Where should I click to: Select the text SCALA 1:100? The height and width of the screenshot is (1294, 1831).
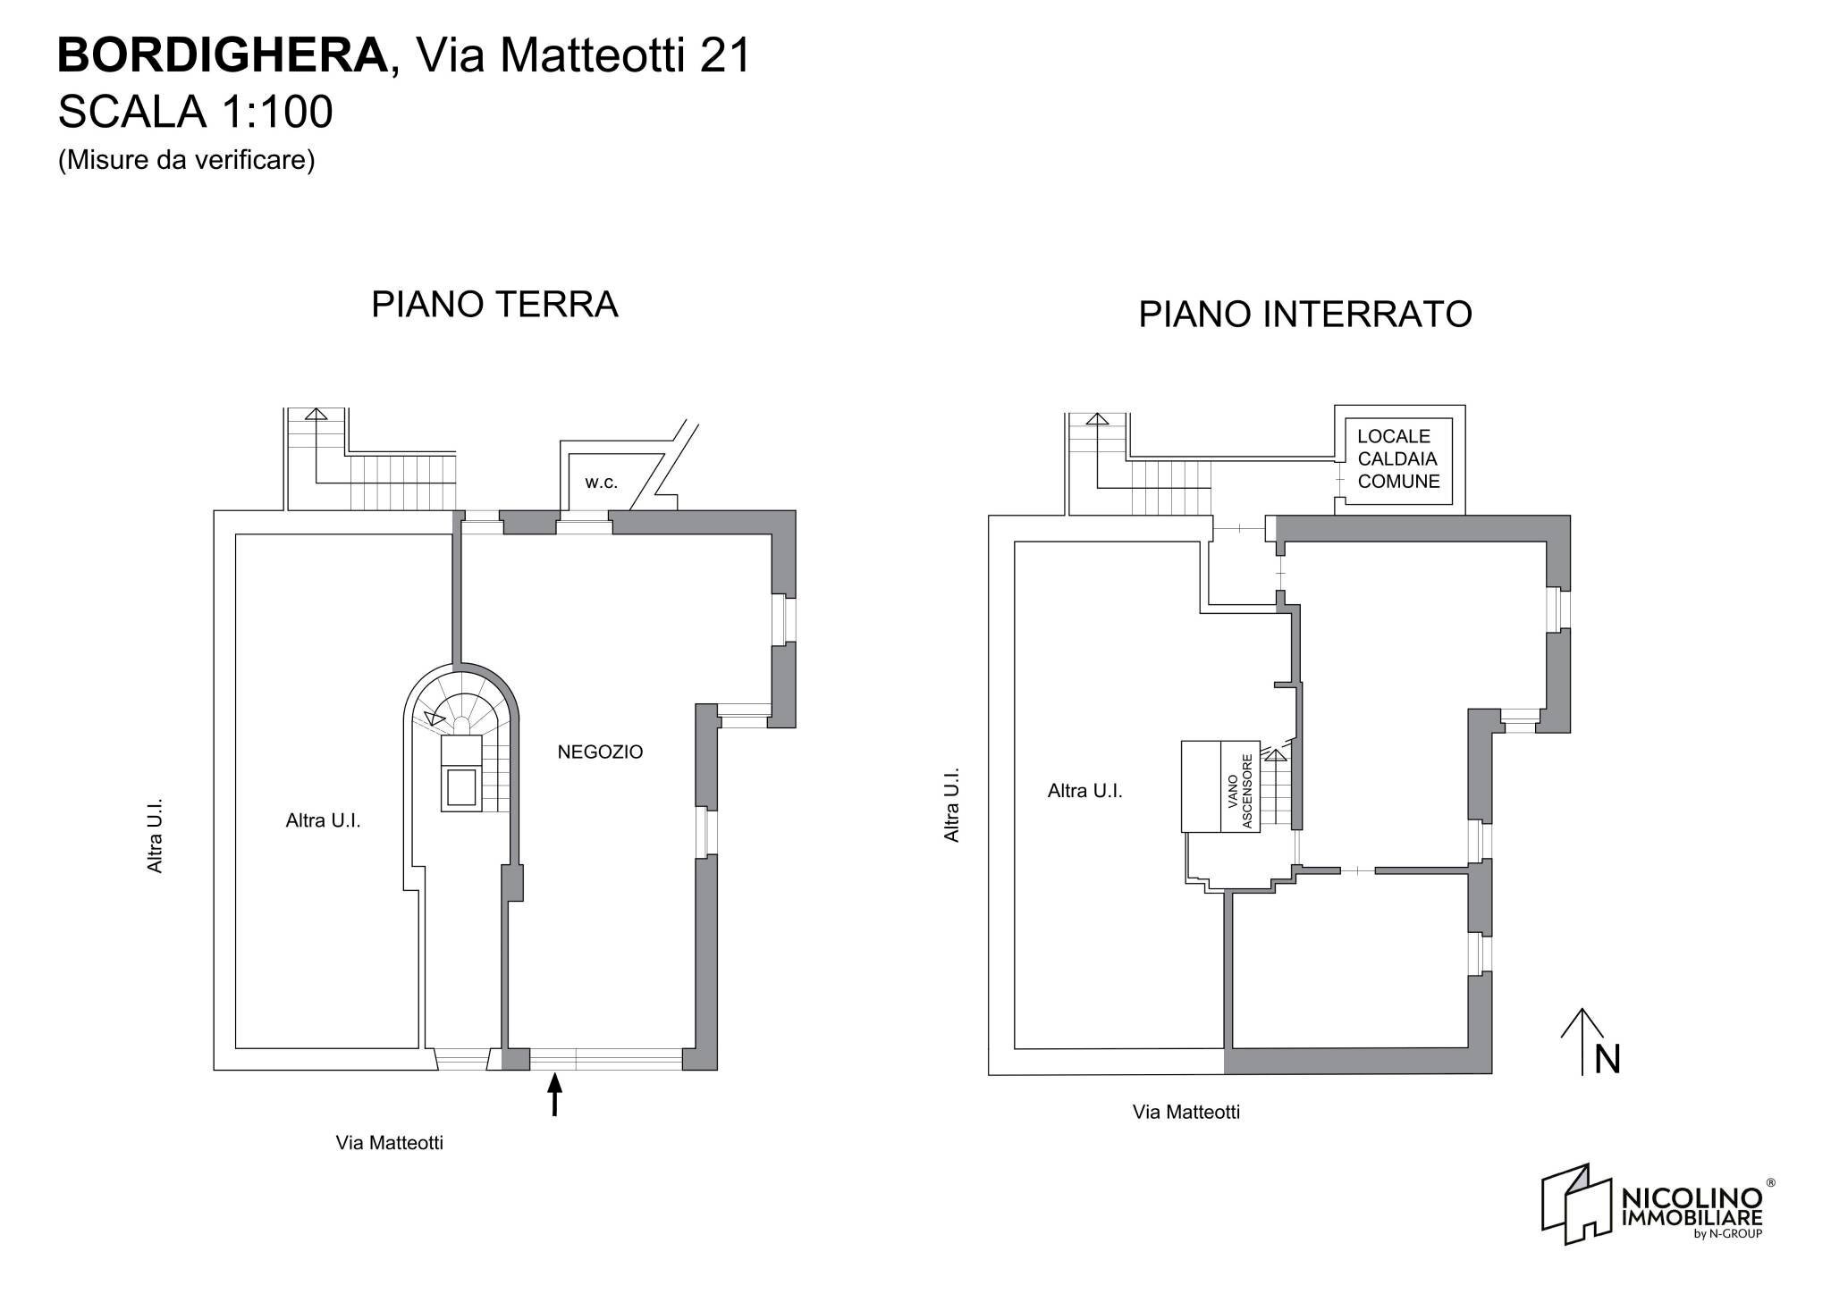pos(195,113)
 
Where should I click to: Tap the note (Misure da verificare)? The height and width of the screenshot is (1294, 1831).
pos(186,160)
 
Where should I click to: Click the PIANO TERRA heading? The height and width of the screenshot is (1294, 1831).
pos(494,304)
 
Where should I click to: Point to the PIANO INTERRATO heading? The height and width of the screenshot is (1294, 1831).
pos(1304,315)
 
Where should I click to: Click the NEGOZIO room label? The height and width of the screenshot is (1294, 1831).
pos(600,752)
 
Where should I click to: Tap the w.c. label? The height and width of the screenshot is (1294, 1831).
pos(601,483)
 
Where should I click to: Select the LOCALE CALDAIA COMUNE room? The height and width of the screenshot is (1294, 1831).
pos(1398,459)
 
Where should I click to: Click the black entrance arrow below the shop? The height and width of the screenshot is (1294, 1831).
pos(554,1095)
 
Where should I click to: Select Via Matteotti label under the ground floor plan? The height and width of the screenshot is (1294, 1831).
pos(389,1143)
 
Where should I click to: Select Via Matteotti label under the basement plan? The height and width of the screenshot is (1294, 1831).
pos(1186,1113)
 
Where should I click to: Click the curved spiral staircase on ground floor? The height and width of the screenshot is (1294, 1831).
pos(460,706)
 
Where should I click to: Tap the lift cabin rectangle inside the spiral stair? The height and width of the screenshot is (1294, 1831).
pos(461,786)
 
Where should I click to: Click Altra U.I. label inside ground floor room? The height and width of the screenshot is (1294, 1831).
pos(323,820)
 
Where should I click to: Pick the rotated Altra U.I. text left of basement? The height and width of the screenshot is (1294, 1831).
pos(952,804)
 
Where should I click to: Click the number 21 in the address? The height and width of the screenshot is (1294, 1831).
pos(724,56)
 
